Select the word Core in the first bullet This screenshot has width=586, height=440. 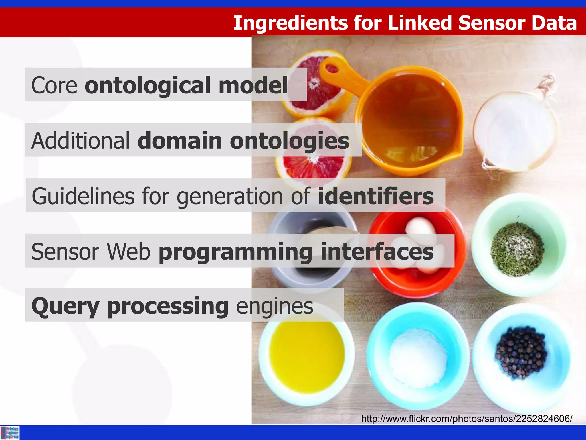[x=54, y=85]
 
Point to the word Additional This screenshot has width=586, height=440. [x=81, y=141]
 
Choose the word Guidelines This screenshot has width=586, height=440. [x=83, y=196]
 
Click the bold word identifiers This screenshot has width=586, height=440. [x=376, y=196]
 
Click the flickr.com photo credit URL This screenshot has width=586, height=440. [x=466, y=419]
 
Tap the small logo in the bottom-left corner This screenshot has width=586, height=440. [x=10, y=433]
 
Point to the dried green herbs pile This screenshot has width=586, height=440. [x=517, y=249]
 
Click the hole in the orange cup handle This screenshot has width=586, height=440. [x=332, y=69]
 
